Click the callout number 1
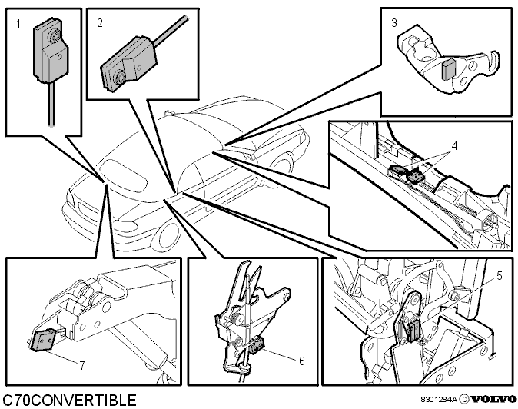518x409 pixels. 18,24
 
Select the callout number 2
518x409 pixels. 100,23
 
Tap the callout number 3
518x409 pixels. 393,23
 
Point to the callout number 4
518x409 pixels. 454,146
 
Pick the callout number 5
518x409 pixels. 499,275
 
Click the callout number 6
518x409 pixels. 301,361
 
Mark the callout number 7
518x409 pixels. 81,365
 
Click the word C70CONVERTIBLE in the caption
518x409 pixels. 69,400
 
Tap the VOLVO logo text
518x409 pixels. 493,400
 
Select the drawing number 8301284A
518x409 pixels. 439,400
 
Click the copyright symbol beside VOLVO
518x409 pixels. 464,400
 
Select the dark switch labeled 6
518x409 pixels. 257,346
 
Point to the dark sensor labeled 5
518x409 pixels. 413,331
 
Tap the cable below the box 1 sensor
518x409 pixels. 51,104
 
